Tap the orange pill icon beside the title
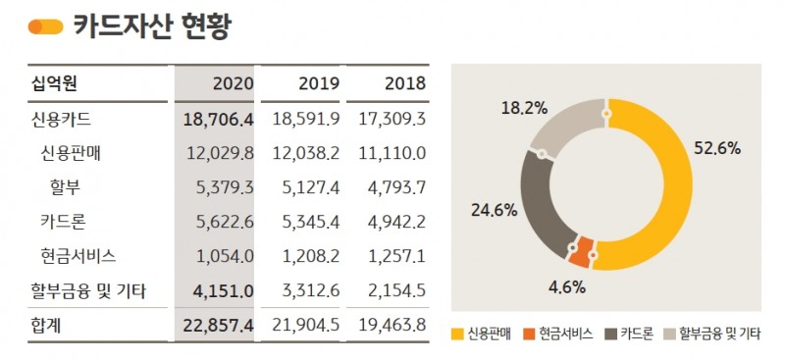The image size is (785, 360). tap(46, 26)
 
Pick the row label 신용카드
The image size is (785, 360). tap(62, 120)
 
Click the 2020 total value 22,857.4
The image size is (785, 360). tap(218, 325)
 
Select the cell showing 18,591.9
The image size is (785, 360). tap(303, 120)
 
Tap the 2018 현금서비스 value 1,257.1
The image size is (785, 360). tap(392, 256)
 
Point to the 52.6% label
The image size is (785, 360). tap(716, 149)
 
